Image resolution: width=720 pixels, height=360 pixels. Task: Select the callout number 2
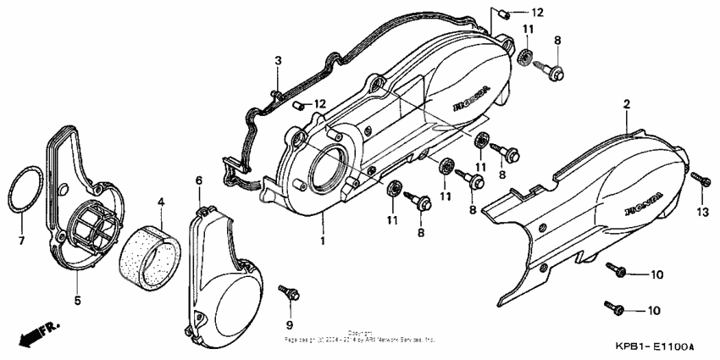[627, 104]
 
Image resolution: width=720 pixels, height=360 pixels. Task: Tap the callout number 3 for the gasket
[277, 60]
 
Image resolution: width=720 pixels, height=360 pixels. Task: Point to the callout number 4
[161, 202]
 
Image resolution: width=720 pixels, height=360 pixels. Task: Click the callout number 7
[22, 241]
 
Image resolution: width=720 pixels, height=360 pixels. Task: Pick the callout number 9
[289, 325]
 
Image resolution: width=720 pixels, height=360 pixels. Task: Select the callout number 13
[702, 211]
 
